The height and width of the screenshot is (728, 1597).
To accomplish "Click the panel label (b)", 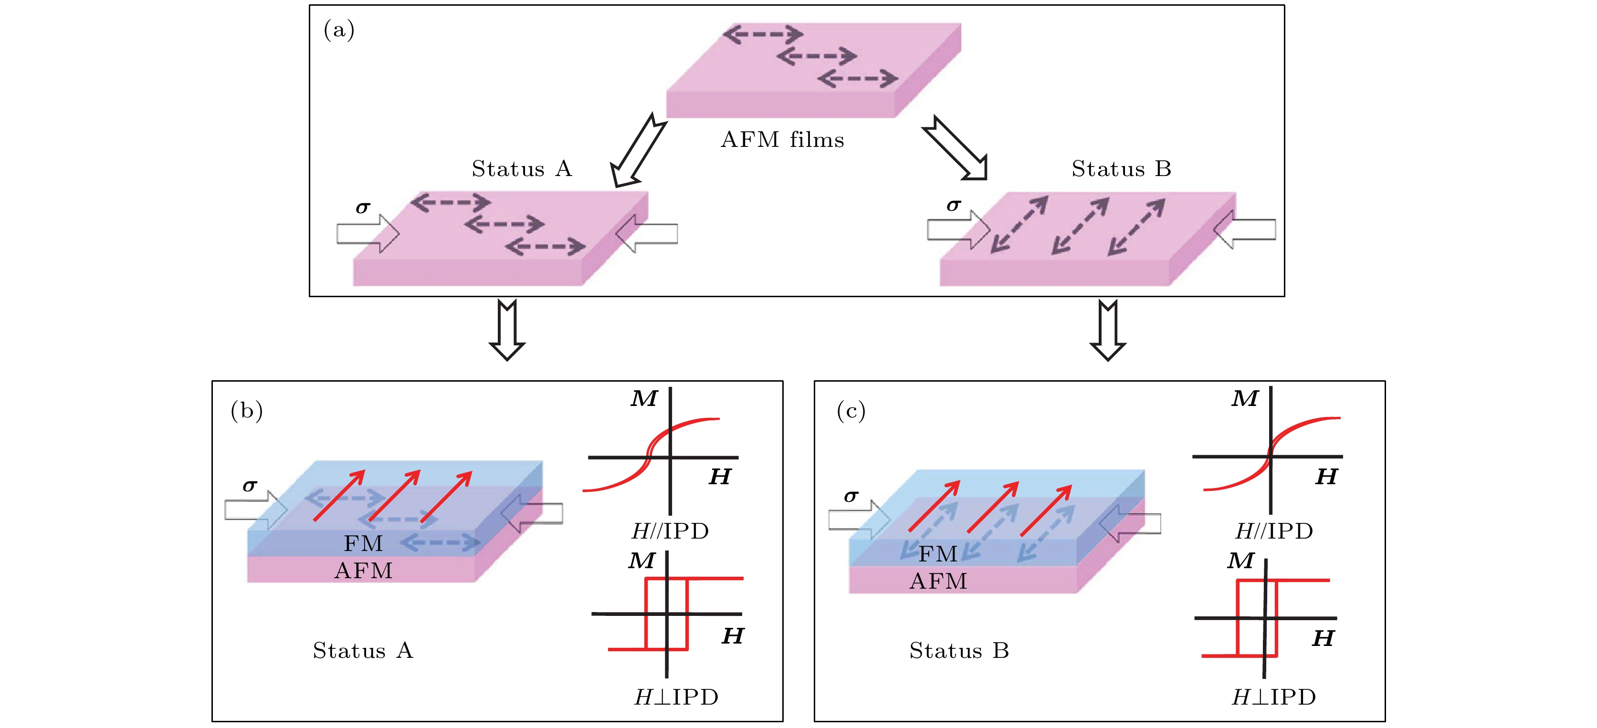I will (246, 411).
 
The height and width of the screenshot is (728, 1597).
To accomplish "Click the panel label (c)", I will (851, 411).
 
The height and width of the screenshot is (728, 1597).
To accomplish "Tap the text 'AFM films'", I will (782, 140).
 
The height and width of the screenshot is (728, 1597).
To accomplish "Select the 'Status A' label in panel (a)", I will (521, 168).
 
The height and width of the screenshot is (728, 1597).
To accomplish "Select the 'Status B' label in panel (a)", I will (1121, 168).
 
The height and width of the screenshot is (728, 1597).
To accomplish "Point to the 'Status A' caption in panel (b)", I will (363, 651).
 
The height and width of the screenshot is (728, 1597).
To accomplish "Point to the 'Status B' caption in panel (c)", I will (958, 651).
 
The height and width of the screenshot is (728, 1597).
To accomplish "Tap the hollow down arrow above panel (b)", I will (507, 330).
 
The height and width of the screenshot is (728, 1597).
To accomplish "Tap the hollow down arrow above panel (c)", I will (1107, 330).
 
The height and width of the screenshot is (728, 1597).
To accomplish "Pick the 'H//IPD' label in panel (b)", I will (670, 531).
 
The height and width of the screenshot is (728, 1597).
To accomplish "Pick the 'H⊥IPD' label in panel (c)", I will (1273, 697).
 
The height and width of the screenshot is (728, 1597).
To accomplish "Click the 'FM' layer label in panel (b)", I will (363, 543).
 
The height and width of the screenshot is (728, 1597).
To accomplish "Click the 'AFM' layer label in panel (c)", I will (938, 581).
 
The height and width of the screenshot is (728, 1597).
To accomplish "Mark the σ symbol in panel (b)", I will (250, 485).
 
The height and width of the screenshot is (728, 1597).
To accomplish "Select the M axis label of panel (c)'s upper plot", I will (1245, 398).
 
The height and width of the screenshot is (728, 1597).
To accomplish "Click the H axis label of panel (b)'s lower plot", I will (733, 635).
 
